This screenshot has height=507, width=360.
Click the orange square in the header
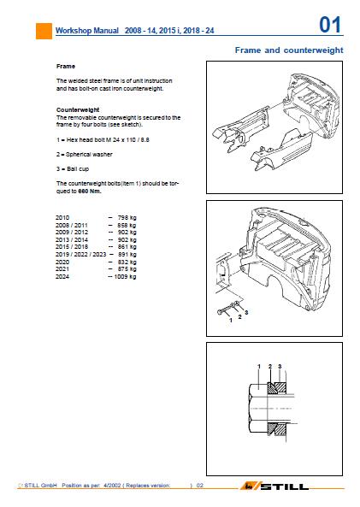tap(44, 31)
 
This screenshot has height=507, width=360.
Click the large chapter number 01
tap(330, 25)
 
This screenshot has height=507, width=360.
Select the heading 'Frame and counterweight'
tap(289, 50)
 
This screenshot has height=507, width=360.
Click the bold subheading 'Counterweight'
tap(78, 109)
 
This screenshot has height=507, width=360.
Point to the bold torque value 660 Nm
tap(90, 192)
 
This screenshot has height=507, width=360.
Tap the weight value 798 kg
tap(127, 218)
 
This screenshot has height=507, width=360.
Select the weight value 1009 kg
tap(125, 277)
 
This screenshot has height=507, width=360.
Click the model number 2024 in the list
tap(62, 277)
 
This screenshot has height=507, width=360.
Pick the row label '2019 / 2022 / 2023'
tap(81, 255)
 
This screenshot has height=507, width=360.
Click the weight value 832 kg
tap(127, 262)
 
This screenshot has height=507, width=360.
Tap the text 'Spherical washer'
tap(89, 155)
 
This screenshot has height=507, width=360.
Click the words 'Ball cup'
tap(78, 169)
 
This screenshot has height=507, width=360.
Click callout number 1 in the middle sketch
tap(231, 320)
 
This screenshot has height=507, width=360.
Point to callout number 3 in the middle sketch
tap(246, 312)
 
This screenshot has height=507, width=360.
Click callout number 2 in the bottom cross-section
tap(270, 366)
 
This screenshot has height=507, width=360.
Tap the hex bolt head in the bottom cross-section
tap(258, 409)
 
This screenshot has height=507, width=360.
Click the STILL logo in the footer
tap(274, 486)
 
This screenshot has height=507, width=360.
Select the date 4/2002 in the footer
tap(112, 486)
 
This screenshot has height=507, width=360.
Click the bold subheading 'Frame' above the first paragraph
tap(66, 67)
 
